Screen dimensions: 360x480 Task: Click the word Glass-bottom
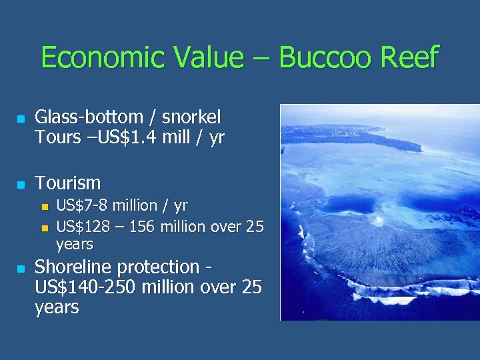[x=89, y=117]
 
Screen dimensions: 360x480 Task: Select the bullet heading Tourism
[x=67, y=183]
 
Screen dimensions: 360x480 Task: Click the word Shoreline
[x=73, y=267]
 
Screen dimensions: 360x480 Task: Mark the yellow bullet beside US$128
[x=45, y=227]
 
